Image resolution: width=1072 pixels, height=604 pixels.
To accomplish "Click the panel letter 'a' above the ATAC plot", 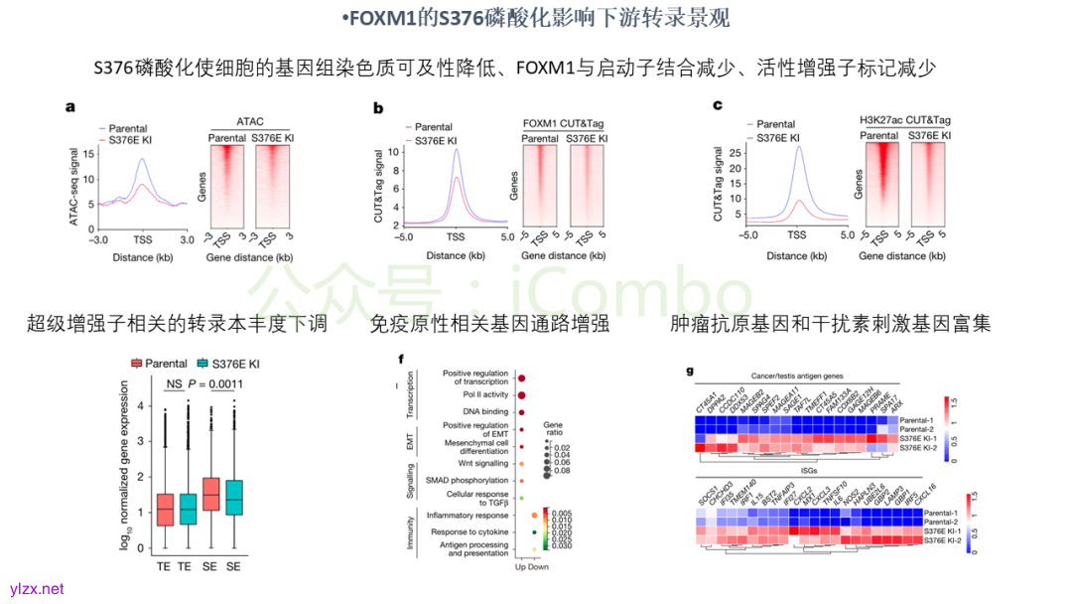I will tap(70, 107).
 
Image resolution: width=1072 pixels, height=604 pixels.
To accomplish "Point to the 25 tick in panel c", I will tap(737, 152).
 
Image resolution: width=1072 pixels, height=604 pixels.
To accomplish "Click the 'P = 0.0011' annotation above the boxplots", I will tap(215, 384).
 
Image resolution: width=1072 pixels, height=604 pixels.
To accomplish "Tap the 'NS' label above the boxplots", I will tap(174, 384).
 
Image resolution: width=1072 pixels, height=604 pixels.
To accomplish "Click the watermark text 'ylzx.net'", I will tap(37, 589).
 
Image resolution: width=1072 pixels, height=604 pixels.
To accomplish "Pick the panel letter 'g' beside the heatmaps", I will tap(690, 373).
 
